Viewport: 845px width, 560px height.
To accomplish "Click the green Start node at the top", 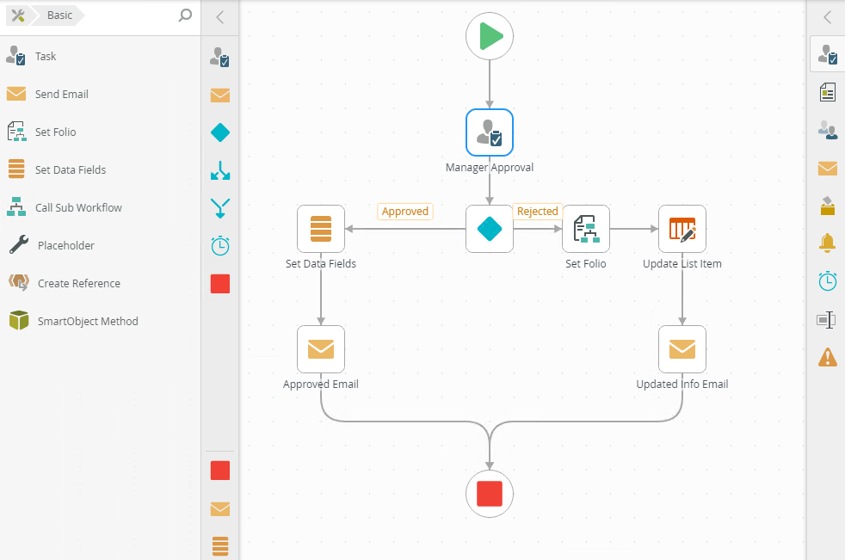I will [x=490, y=36].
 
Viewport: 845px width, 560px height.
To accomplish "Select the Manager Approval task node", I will [x=490, y=132].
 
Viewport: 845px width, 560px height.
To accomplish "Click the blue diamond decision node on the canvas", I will [x=490, y=229].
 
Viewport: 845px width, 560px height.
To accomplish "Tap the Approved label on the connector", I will [x=404, y=212].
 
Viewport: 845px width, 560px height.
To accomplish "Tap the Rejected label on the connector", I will [x=538, y=212].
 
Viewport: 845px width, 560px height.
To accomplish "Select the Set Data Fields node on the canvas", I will [x=321, y=229].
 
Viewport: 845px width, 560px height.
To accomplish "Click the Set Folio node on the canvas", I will [x=586, y=229].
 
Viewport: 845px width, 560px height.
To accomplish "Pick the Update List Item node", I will [x=682, y=229].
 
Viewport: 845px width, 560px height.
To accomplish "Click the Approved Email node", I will [x=321, y=349].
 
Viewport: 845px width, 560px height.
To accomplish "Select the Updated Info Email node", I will [x=682, y=349].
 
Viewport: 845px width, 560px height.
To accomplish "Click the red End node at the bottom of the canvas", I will [x=490, y=494].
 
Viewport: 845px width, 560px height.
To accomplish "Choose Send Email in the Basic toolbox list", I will [x=61, y=95].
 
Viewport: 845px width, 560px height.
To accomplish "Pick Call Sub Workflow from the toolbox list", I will [x=77, y=208].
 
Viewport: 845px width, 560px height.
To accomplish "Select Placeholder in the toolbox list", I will [x=65, y=246].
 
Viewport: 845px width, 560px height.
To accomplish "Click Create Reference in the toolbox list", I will [x=78, y=284].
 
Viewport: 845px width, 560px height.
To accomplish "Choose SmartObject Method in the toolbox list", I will [x=87, y=322].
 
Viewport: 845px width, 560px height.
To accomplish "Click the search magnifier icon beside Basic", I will [x=185, y=15].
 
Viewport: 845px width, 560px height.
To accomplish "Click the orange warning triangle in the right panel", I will [x=827, y=357].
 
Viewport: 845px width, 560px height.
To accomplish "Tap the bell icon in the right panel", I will [x=827, y=243].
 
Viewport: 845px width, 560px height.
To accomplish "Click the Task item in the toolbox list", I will [x=45, y=57].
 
